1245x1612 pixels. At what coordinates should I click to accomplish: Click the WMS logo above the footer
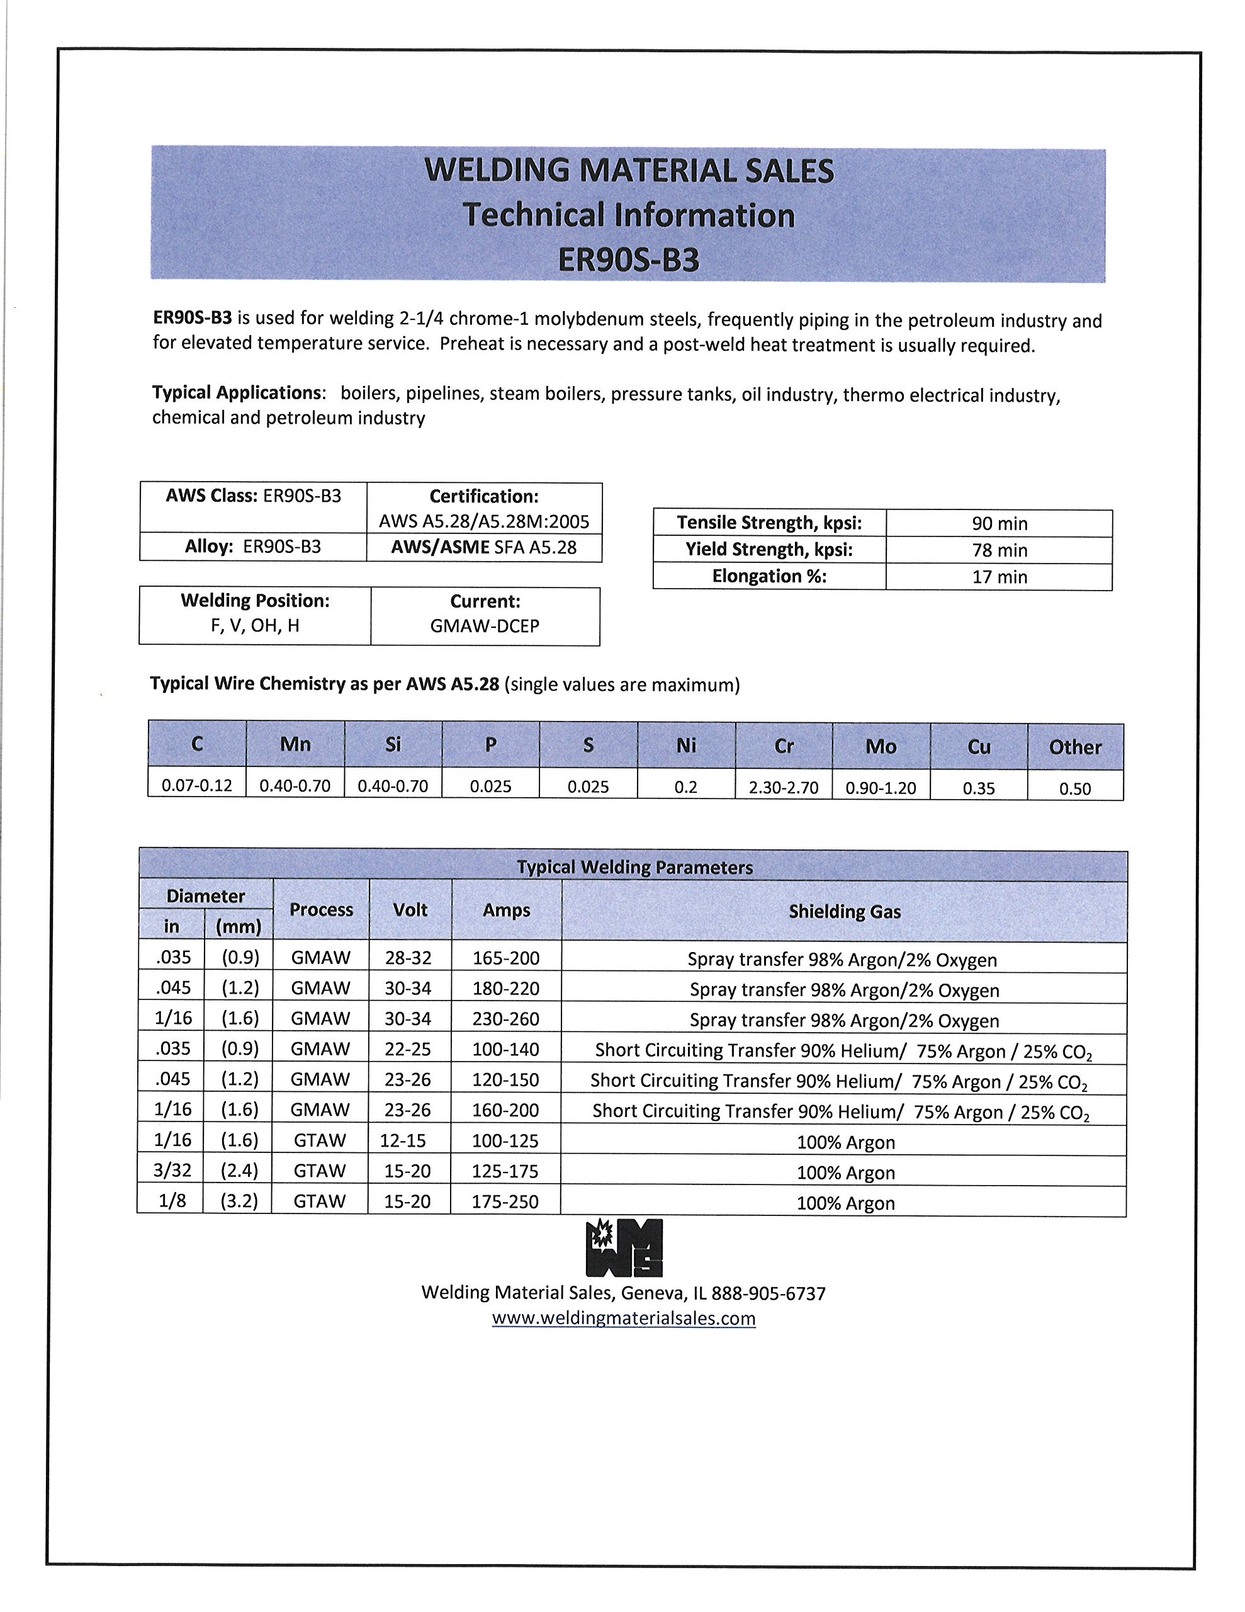coord(624,1248)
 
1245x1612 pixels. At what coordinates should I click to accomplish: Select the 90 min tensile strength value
coord(1000,523)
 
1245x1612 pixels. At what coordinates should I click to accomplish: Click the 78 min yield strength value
coord(1000,550)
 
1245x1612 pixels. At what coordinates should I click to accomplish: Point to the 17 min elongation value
coord(1000,576)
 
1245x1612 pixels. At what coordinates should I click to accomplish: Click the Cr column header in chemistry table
coord(784,746)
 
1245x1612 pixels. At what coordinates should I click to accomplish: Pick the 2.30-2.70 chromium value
coord(784,788)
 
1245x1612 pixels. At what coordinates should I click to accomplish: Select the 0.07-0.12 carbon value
coord(197,785)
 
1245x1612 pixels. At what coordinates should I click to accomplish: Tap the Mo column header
coord(881,746)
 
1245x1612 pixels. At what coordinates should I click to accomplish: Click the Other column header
coord(1075,747)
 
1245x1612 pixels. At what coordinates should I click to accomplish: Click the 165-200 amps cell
coord(506,958)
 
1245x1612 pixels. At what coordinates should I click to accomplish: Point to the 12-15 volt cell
coord(403,1140)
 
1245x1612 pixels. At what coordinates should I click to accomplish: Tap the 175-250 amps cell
coord(505,1201)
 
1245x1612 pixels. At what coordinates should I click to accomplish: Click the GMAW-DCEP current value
coord(485,626)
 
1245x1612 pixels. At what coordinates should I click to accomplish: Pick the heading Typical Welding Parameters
coord(634,867)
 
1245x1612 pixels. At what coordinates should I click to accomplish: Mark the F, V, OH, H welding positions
coord(256,626)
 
